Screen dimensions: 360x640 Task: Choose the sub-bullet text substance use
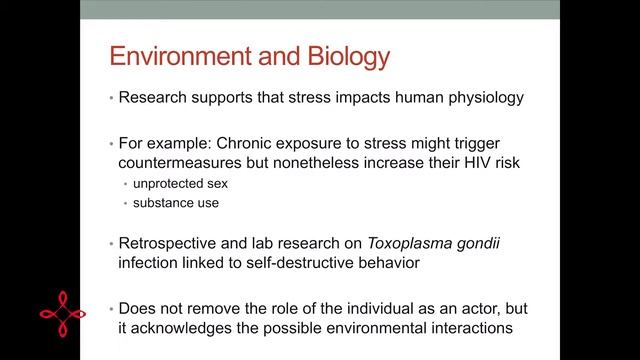(169, 203)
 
